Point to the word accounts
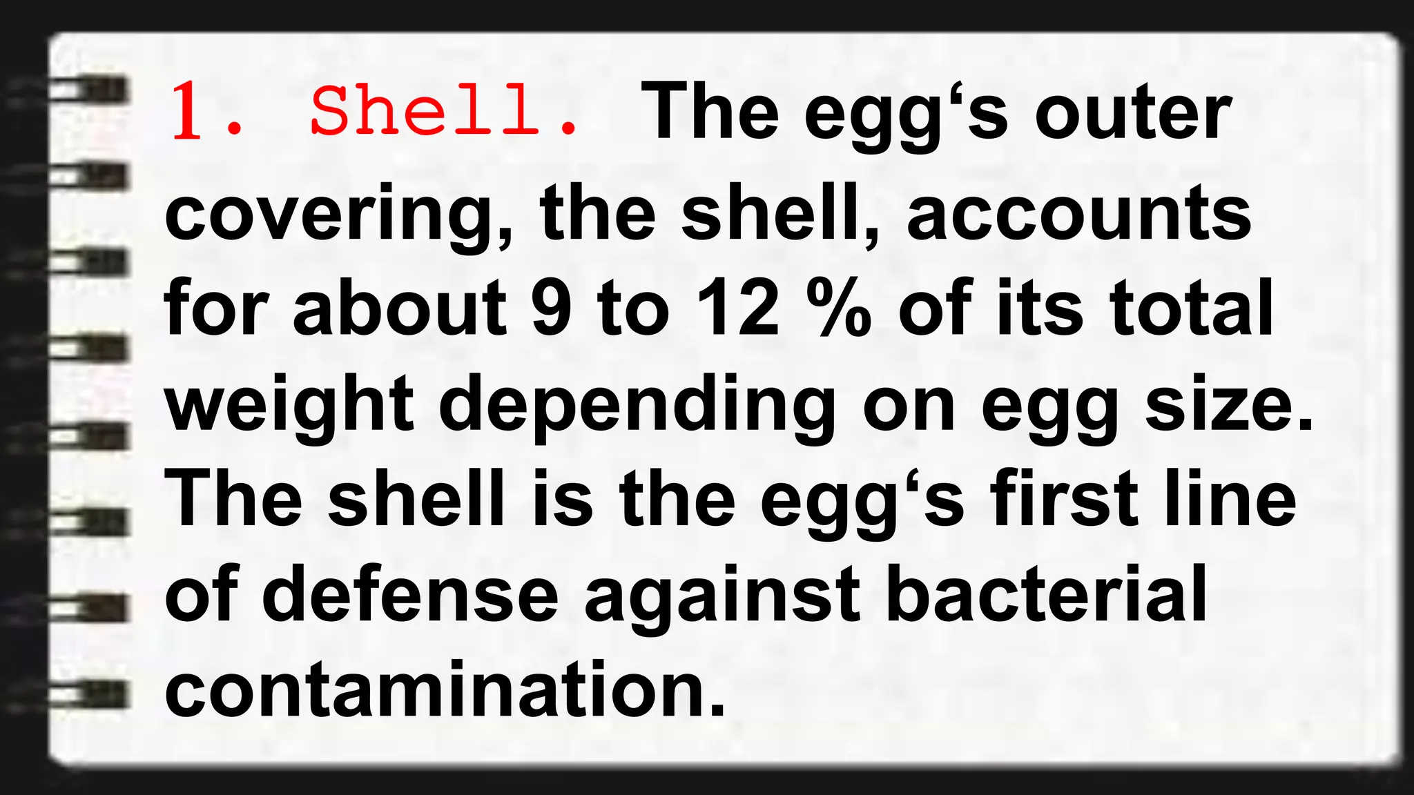(x=1078, y=214)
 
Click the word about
(x=400, y=309)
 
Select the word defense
(x=410, y=593)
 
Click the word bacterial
(x=1046, y=593)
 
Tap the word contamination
(x=445, y=689)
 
